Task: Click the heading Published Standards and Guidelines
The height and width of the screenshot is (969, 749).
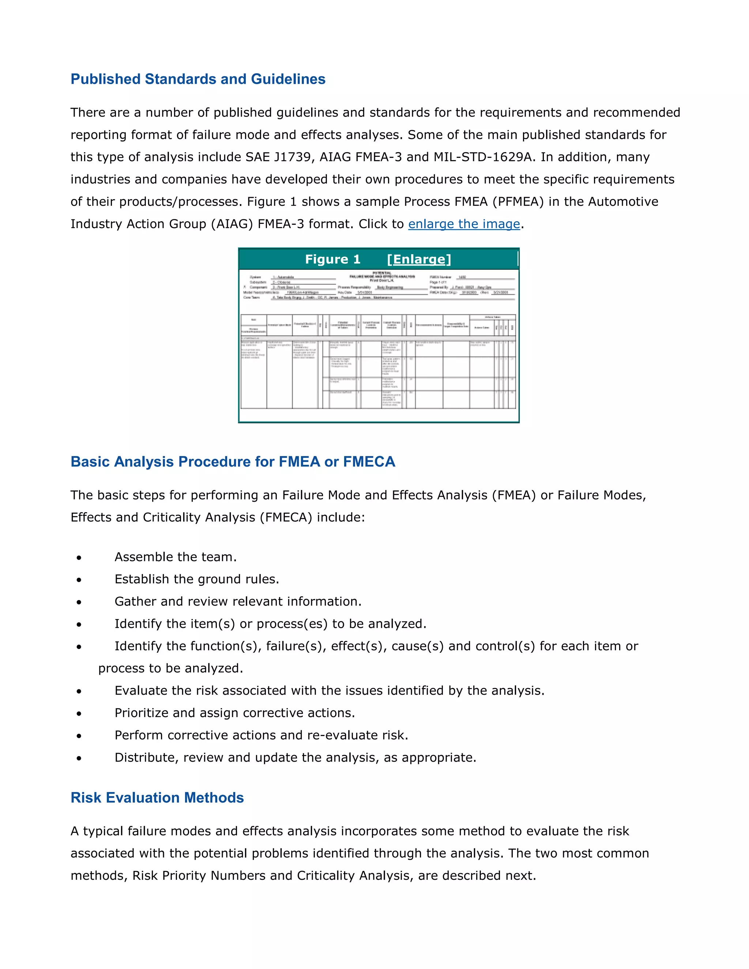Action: pyautogui.click(x=198, y=79)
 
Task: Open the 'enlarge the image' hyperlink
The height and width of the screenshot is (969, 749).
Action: pyautogui.click(x=464, y=224)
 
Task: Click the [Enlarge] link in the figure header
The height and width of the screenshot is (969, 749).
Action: pyautogui.click(x=419, y=259)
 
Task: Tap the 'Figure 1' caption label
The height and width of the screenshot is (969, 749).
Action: pyautogui.click(x=332, y=259)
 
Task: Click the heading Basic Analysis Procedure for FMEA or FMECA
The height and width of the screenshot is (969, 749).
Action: pyautogui.click(x=233, y=461)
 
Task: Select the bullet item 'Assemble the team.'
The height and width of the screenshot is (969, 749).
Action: pyautogui.click(x=175, y=557)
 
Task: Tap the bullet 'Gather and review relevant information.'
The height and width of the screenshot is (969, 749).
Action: pyautogui.click(x=238, y=601)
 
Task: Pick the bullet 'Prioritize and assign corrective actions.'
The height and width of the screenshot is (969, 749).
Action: pyautogui.click(x=235, y=713)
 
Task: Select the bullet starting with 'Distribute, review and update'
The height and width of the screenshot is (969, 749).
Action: pyautogui.click(x=295, y=757)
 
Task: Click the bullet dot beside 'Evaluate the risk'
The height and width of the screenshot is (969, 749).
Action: pyautogui.click(x=79, y=691)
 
